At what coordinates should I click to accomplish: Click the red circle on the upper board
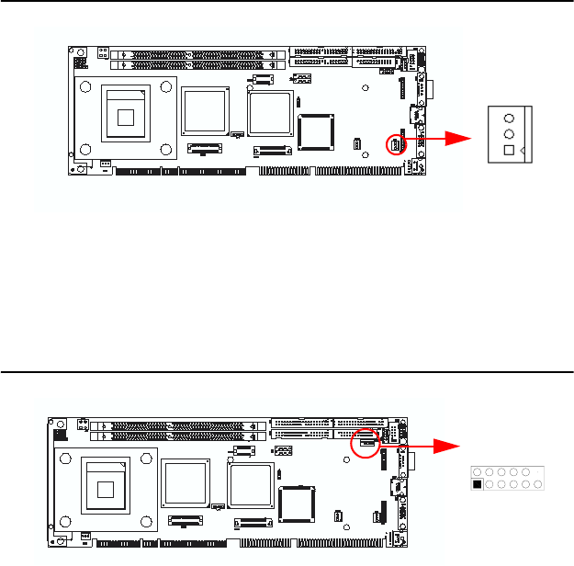[394, 144]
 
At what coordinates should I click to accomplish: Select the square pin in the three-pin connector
[509, 150]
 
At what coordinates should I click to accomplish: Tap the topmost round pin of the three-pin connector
[509, 117]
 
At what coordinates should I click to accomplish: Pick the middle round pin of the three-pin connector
[509, 132]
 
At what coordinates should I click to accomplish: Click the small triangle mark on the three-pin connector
[523, 150]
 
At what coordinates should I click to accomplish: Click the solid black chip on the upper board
[318, 130]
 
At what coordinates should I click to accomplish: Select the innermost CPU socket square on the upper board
[126, 116]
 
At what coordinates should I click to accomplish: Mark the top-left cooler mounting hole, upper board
[84, 87]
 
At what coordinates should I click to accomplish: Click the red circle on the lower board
[366, 441]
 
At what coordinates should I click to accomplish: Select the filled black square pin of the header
[478, 484]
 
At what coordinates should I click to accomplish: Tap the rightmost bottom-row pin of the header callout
[536, 484]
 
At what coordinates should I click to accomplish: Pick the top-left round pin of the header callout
[478, 471]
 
